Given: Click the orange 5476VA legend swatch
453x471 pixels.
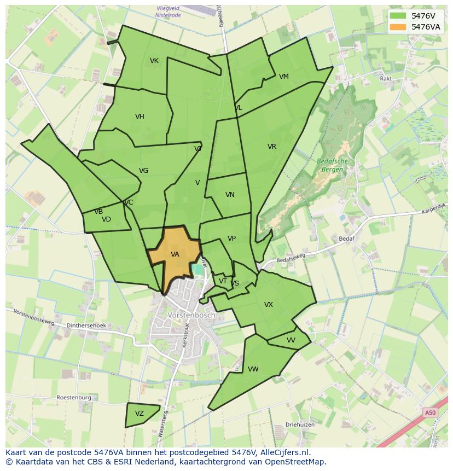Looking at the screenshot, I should [398, 27].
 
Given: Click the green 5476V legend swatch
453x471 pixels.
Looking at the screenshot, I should [398, 16].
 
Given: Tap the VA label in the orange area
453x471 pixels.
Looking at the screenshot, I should [175, 254].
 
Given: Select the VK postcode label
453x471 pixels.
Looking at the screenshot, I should [154, 61].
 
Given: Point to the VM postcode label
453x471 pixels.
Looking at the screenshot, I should [283, 77].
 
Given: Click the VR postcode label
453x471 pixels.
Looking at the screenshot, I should [272, 147].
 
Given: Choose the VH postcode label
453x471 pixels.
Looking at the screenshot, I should [140, 117].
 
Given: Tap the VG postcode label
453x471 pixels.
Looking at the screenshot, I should [143, 171].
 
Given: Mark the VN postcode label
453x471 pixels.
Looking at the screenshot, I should [230, 195].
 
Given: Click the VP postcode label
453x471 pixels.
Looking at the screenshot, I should [231, 239].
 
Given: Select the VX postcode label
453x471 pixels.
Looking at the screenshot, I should [269, 305].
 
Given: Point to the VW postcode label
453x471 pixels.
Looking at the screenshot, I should [253, 369].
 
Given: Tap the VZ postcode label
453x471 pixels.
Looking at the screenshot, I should [140, 414].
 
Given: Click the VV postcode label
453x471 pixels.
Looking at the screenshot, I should [291, 340].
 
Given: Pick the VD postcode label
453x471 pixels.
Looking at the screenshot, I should [106, 219].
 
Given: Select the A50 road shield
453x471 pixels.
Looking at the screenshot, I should [431, 412].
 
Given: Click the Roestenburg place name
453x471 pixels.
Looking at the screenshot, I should [74, 398].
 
